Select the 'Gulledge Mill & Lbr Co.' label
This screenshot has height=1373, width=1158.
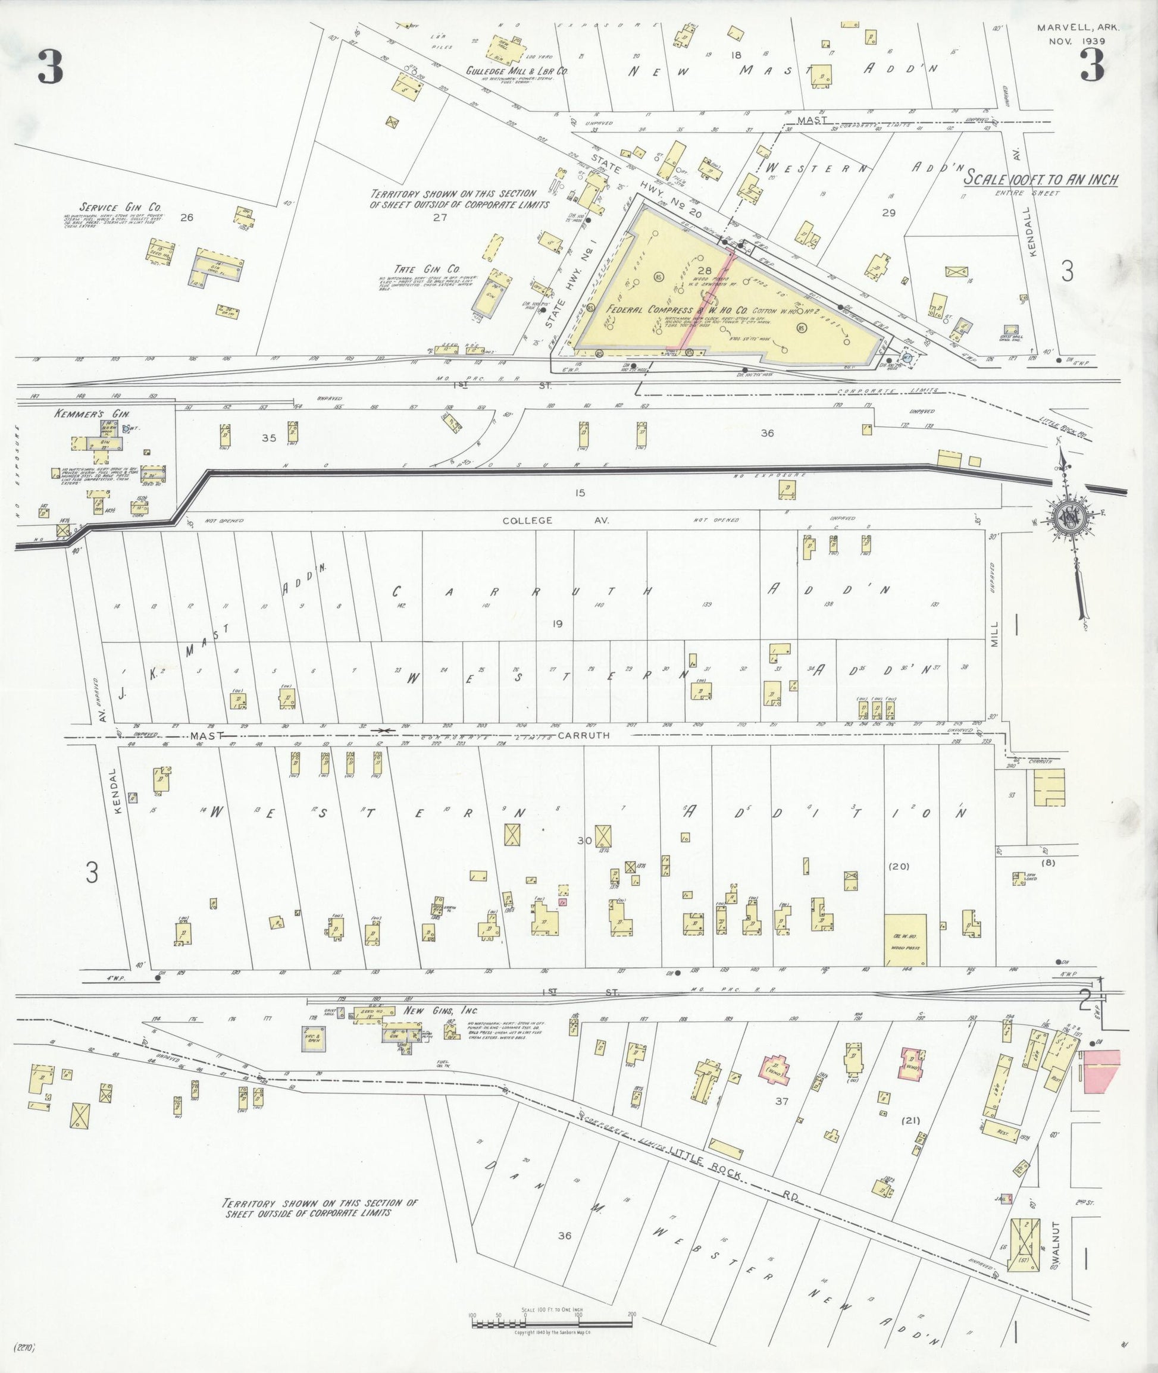click(x=517, y=71)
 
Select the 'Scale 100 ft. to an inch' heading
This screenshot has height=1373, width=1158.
click(x=1041, y=178)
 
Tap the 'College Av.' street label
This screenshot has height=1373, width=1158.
click(x=556, y=521)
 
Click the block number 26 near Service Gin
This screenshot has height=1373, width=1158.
click(x=186, y=217)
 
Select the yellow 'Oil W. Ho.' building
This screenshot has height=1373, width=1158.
click(x=906, y=940)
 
